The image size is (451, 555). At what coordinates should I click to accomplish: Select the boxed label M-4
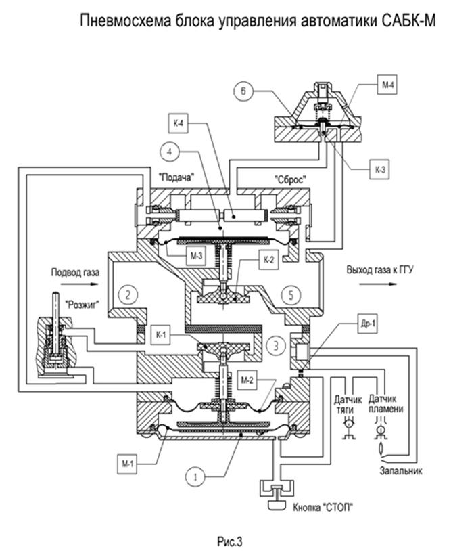[388, 85]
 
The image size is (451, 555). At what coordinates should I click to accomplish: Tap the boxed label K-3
[380, 169]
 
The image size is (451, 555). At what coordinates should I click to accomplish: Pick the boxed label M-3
[196, 255]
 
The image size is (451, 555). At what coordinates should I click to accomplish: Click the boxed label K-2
[269, 259]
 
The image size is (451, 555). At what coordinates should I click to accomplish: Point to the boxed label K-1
[161, 334]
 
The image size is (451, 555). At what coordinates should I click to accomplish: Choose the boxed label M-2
[247, 380]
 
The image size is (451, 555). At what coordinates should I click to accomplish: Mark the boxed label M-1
[127, 464]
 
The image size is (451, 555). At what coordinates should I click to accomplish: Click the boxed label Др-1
[368, 323]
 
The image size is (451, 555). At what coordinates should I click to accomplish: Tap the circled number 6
[243, 91]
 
